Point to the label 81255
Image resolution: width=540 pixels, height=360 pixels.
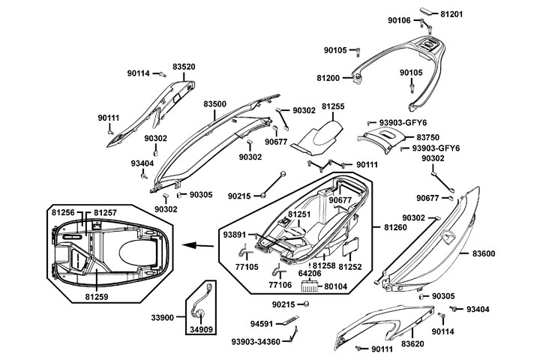[333, 106]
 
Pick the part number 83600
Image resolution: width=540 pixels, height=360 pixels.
[484, 253]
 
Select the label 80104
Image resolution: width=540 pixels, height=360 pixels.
[335, 285]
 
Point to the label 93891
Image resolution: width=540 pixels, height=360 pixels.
[233, 235]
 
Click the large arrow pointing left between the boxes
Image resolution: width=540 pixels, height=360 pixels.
[197, 244]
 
